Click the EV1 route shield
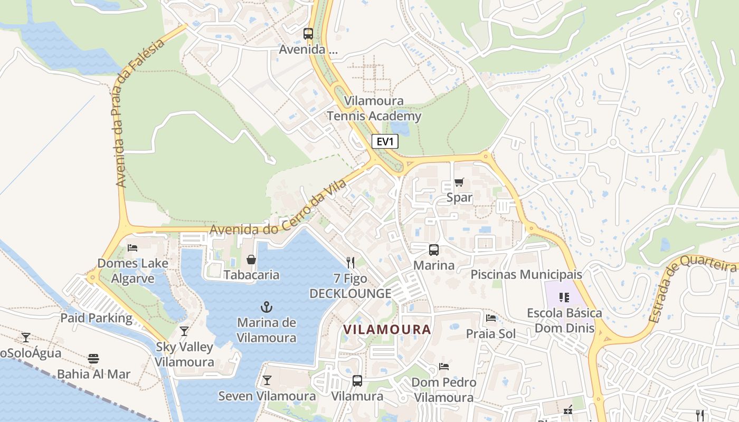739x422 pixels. point(385,141)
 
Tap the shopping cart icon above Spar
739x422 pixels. point(459,183)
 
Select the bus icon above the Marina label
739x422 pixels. point(434,250)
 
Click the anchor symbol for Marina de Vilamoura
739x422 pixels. point(267,306)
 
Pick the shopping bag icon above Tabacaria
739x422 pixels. point(251,260)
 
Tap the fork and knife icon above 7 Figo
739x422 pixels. point(350,262)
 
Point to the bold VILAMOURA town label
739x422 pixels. point(387,330)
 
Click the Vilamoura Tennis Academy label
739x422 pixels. point(374,109)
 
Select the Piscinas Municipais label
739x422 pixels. point(526,274)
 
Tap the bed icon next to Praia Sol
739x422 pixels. point(490,318)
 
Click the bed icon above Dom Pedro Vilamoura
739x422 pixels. point(444,367)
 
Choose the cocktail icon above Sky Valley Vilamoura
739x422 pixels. point(184,331)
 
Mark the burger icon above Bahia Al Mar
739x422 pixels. point(93,359)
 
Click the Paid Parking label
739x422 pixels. point(96,318)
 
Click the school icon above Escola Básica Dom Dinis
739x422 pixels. point(564,298)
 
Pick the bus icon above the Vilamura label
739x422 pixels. point(357,381)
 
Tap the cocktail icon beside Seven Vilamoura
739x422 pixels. point(267,380)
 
